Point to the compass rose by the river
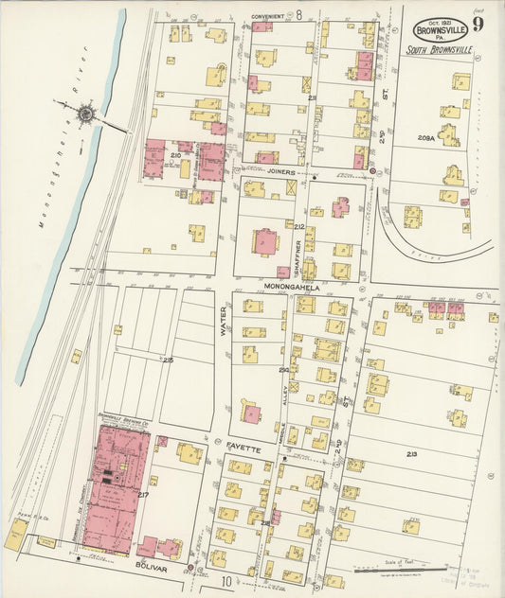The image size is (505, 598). [x=87, y=114]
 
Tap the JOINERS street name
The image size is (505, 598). [x=279, y=172]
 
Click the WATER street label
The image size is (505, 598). [x=225, y=320]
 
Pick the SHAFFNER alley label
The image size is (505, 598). [x=296, y=258]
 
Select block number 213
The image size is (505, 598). [x=411, y=456]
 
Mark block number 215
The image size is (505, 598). [x=168, y=361]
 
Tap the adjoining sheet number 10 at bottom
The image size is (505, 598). [x=226, y=580]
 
